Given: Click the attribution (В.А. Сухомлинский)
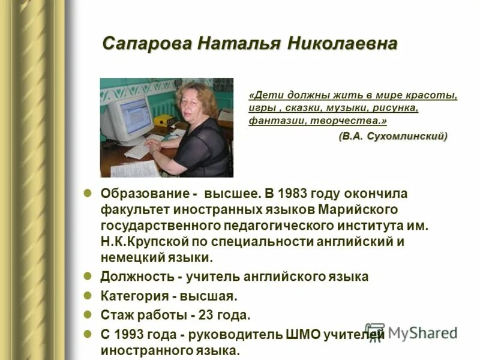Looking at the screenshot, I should [x=393, y=136].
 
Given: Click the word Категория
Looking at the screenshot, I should [x=134, y=296].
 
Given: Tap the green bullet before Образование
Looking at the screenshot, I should [x=87, y=194].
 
